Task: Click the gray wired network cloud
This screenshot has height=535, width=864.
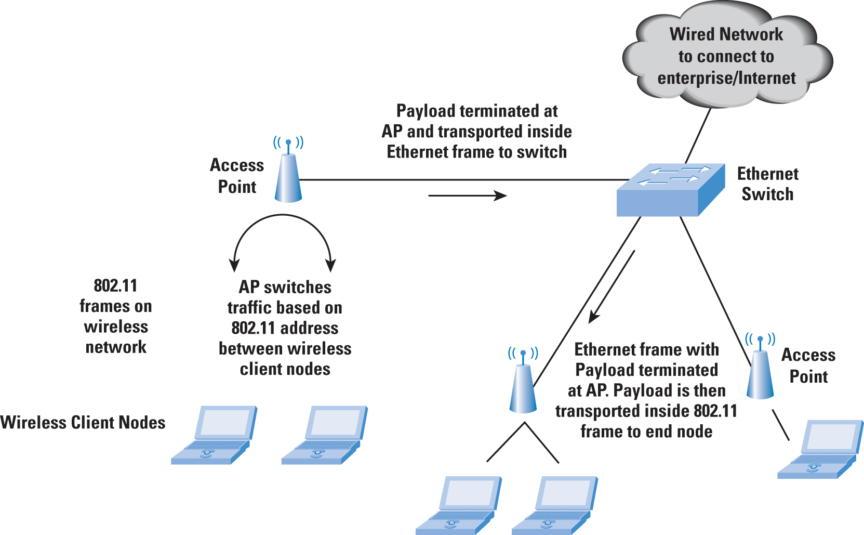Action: click(727, 54)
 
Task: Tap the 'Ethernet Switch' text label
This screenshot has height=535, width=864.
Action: click(767, 184)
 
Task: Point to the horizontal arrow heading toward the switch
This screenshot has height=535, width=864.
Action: click(468, 195)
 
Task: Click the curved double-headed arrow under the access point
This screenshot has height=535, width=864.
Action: click(283, 215)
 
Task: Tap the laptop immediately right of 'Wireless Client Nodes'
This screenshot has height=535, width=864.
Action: click(214, 435)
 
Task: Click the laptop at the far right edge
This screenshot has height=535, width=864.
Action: click(820, 449)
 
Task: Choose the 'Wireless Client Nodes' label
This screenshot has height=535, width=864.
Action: click(83, 422)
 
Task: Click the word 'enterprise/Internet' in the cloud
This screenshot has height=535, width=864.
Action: click(726, 79)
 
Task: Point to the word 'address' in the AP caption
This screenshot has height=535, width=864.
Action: click(309, 328)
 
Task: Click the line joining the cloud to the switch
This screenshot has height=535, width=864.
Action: click(698, 136)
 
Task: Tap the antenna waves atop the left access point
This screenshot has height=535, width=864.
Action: click(288, 142)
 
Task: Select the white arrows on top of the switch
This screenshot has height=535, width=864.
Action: click(673, 175)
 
